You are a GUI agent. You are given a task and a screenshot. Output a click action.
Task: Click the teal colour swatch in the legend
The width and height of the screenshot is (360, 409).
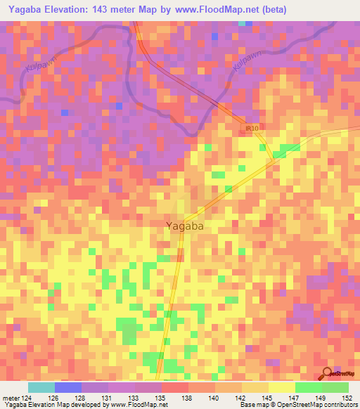[x=41, y=387]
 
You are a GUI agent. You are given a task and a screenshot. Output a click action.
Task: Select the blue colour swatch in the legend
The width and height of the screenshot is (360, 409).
[x=68, y=387]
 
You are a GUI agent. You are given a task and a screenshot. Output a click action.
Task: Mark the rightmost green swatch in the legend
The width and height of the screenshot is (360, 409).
[x=335, y=387]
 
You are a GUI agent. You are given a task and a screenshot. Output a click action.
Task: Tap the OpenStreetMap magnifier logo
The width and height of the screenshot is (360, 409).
[x=327, y=373]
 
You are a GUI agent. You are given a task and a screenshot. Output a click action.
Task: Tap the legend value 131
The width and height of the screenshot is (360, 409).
[x=107, y=398]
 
